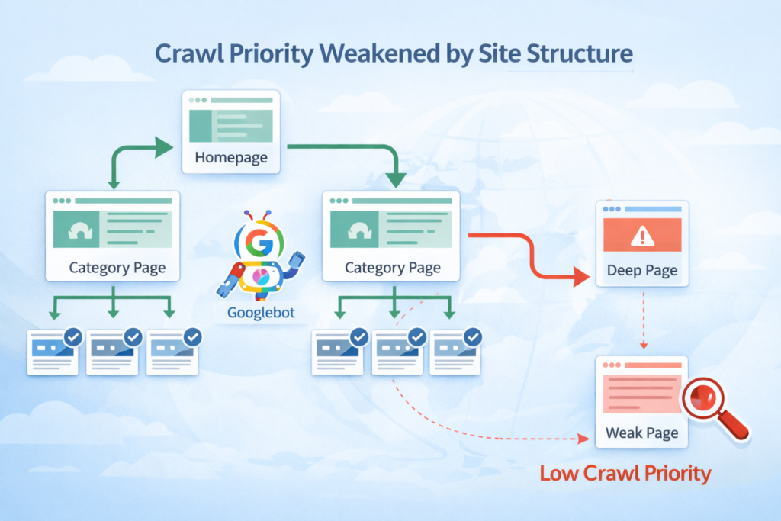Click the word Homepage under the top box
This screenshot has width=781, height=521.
point(231,158)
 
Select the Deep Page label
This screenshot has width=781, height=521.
point(641,270)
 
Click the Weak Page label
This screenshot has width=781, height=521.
point(641,433)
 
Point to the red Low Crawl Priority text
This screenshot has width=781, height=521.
point(625,473)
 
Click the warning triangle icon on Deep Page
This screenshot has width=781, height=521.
point(642,236)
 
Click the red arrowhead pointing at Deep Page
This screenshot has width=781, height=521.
point(584,275)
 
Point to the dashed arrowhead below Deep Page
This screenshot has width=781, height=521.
point(642,347)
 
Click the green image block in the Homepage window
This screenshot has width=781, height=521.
point(199,125)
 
